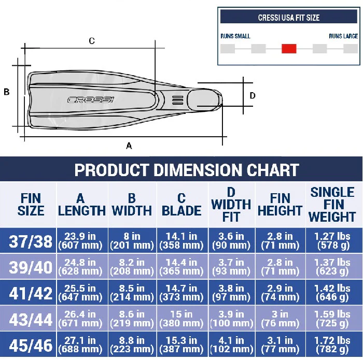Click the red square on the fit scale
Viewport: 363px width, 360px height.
tap(289, 49)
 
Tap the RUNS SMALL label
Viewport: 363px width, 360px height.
tap(235, 36)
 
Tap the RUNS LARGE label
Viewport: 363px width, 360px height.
tap(343, 36)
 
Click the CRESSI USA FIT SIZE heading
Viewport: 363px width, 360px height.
tap(289, 18)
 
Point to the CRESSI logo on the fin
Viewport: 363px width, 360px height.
tap(91, 99)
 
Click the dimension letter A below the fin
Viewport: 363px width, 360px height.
tap(129, 146)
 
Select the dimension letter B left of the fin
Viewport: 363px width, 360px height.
tap(6, 92)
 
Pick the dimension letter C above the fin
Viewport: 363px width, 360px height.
tap(92, 41)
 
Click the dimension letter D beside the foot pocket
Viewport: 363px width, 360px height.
tap(253, 95)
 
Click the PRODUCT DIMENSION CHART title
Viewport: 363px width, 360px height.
tap(187, 170)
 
